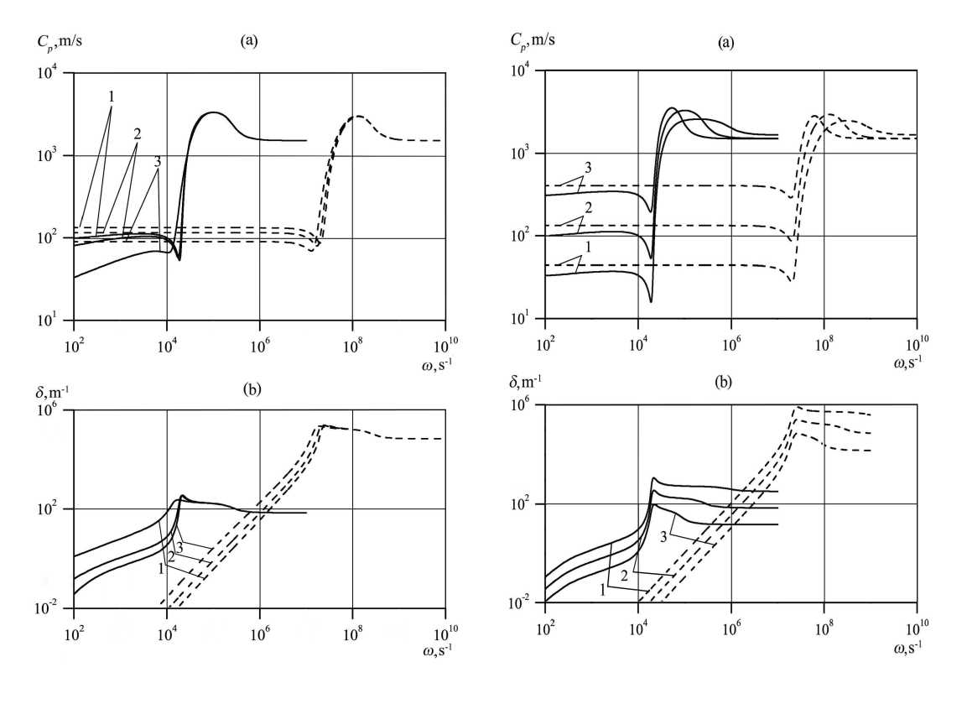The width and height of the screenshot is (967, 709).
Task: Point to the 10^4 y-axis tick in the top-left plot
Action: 57,74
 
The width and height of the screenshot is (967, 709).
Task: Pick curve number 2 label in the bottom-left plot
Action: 170,558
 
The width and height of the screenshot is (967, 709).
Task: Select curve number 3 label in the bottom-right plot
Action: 665,536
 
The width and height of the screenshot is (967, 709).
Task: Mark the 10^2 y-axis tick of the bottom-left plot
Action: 57,509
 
